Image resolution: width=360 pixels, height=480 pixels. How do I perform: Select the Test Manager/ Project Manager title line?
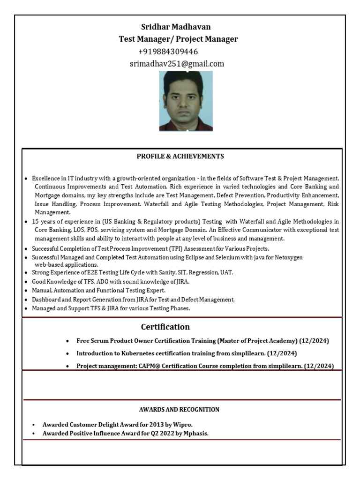click(178, 39)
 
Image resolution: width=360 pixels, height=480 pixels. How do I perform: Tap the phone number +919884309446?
click(168, 52)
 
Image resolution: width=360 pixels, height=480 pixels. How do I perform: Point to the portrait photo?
click(186, 101)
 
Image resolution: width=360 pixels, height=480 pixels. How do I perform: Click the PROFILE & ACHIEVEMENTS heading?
click(180, 156)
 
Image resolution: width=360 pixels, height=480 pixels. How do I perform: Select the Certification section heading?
click(165, 327)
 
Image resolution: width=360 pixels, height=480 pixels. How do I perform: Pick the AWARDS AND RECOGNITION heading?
click(179, 409)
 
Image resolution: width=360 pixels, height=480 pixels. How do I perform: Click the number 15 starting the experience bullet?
click(35, 221)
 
